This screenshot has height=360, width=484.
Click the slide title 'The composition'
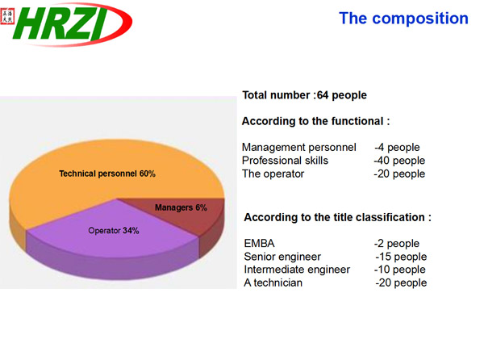[403, 19]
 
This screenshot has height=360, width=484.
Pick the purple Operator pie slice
[115, 244]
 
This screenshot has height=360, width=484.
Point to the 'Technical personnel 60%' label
[107, 174]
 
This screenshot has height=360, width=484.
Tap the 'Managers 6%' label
[181, 207]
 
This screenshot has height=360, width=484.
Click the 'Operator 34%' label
[114, 231]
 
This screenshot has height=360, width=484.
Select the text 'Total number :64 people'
[304, 95]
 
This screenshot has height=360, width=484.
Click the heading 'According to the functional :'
[315, 121]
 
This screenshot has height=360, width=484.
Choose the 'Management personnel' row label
[298, 147]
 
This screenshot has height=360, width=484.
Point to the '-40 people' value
[399, 161]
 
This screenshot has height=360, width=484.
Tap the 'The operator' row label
[273, 174]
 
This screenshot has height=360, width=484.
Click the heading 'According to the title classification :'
[338, 217]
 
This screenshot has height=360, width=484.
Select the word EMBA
[259, 243]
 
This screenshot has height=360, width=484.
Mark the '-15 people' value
[401, 257]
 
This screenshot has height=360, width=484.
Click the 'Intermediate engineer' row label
[297, 270]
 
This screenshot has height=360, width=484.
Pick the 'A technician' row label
[273, 283]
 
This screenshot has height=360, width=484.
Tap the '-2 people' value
[397, 243]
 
